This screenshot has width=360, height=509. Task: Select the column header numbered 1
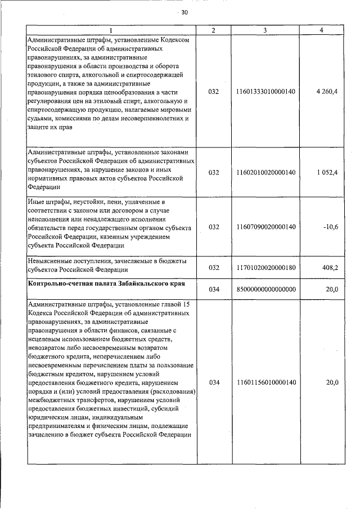(x=111, y=30)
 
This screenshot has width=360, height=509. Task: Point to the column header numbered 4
(x=321, y=30)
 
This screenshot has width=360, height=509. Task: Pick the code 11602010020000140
(x=266, y=172)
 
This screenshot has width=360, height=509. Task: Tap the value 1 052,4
(x=327, y=172)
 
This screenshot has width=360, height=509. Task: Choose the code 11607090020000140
(x=266, y=227)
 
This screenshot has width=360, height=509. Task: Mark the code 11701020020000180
(x=266, y=268)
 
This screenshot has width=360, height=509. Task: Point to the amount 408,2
(x=330, y=268)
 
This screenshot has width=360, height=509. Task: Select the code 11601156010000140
(x=266, y=382)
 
